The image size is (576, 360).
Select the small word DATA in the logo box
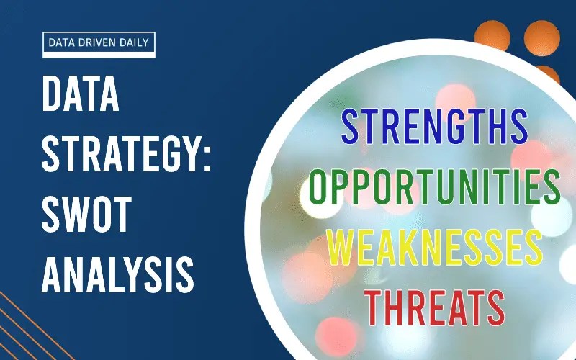(61, 42)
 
